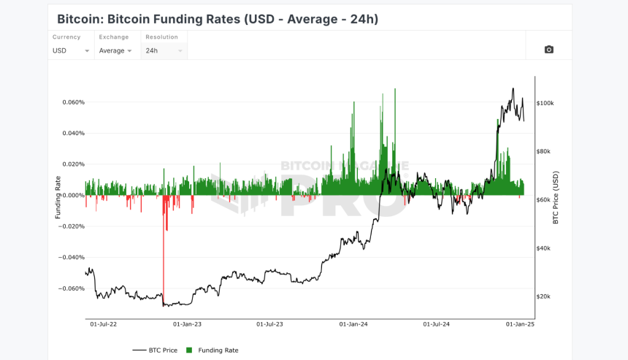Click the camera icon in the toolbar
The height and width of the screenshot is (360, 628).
(x=548, y=50)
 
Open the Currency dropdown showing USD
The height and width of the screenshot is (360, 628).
(x=71, y=51)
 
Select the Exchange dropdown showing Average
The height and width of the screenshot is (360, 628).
(x=115, y=51)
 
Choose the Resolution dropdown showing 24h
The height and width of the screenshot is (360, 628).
(x=164, y=51)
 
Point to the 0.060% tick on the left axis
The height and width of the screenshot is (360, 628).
(x=73, y=102)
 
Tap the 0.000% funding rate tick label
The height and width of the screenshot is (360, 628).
(x=73, y=196)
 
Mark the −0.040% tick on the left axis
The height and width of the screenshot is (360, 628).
(x=72, y=258)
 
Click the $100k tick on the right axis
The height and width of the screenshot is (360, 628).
(x=545, y=103)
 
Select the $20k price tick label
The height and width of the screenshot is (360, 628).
(x=543, y=296)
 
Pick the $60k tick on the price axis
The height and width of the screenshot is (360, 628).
(x=543, y=200)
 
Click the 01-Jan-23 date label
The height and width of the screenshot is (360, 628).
(x=187, y=324)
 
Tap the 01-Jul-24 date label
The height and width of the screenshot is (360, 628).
(x=436, y=324)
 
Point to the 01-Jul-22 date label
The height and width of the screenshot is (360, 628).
(x=104, y=324)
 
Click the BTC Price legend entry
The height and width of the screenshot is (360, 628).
(x=155, y=351)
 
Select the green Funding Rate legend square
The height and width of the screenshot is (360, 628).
(x=189, y=351)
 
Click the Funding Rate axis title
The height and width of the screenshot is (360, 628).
(x=58, y=197)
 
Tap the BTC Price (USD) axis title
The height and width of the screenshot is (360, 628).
(x=556, y=197)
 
